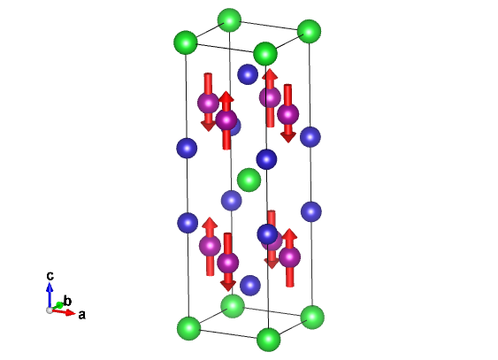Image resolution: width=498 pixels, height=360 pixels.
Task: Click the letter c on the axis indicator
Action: pos(50,276)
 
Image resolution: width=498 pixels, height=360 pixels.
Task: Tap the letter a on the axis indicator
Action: pos(81,315)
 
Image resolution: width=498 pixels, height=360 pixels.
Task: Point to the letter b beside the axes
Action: pos(67,301)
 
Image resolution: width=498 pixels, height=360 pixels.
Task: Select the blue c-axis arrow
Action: pos(50,295)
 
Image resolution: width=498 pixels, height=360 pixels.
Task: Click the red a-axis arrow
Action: pos(64,312)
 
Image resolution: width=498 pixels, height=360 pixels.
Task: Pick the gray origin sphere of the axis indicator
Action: pos(50,310)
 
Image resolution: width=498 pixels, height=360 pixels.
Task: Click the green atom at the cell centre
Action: pos(249,180)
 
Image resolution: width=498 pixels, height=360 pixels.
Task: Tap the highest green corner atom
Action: pos(229,20)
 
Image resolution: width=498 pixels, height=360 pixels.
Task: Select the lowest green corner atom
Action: pos(269,340)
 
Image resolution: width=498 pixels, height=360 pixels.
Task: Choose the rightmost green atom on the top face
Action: pos(309,31)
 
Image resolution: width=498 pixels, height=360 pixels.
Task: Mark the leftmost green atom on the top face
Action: pos(186,42)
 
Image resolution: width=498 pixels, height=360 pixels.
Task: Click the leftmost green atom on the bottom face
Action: pos(189,328)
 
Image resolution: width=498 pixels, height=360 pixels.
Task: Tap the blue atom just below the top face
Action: pos(248,74)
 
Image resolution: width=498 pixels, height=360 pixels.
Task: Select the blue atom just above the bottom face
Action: pos(250,285)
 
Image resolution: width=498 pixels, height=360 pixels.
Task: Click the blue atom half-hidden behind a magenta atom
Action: pos(235,126)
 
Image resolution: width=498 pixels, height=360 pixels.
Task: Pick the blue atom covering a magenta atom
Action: pos(267,234)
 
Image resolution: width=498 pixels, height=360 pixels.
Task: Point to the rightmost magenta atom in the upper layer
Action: pos(288,114)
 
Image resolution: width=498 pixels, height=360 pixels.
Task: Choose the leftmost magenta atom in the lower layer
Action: pos(210,246)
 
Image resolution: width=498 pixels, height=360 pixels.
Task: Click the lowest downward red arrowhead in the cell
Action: pos(228,286)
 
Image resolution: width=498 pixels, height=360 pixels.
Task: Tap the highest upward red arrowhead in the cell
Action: pos(270,74)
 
